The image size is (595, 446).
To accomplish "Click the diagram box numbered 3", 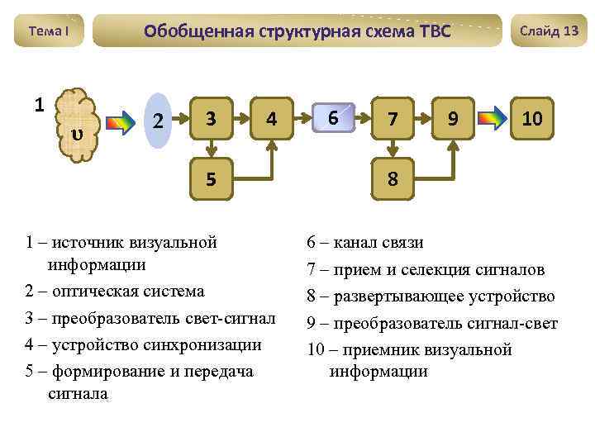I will [x=212, y=120].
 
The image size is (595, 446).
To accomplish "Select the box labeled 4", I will [x=271, y=120].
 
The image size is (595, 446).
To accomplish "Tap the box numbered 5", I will [x=212, y=178].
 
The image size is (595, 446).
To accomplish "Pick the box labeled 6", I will [x=332, y=119].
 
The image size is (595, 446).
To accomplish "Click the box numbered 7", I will [x=393, y=120].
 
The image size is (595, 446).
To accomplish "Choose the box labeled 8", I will [x=393, y=178].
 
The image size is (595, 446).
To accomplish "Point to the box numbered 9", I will [x=453, y=120].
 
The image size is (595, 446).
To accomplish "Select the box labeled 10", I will [x=532, y=120].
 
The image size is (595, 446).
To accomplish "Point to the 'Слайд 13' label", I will [x=549, y=31].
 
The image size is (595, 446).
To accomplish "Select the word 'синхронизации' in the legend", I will [x=206, y=344].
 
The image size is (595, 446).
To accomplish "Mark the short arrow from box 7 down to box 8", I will [x=393, y=149].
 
